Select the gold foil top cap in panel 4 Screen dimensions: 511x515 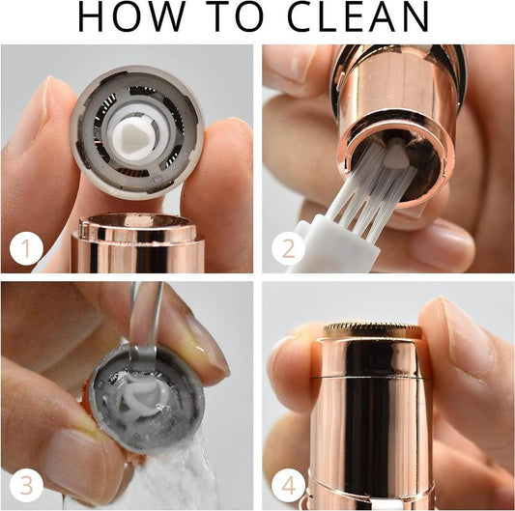click(372, 331)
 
